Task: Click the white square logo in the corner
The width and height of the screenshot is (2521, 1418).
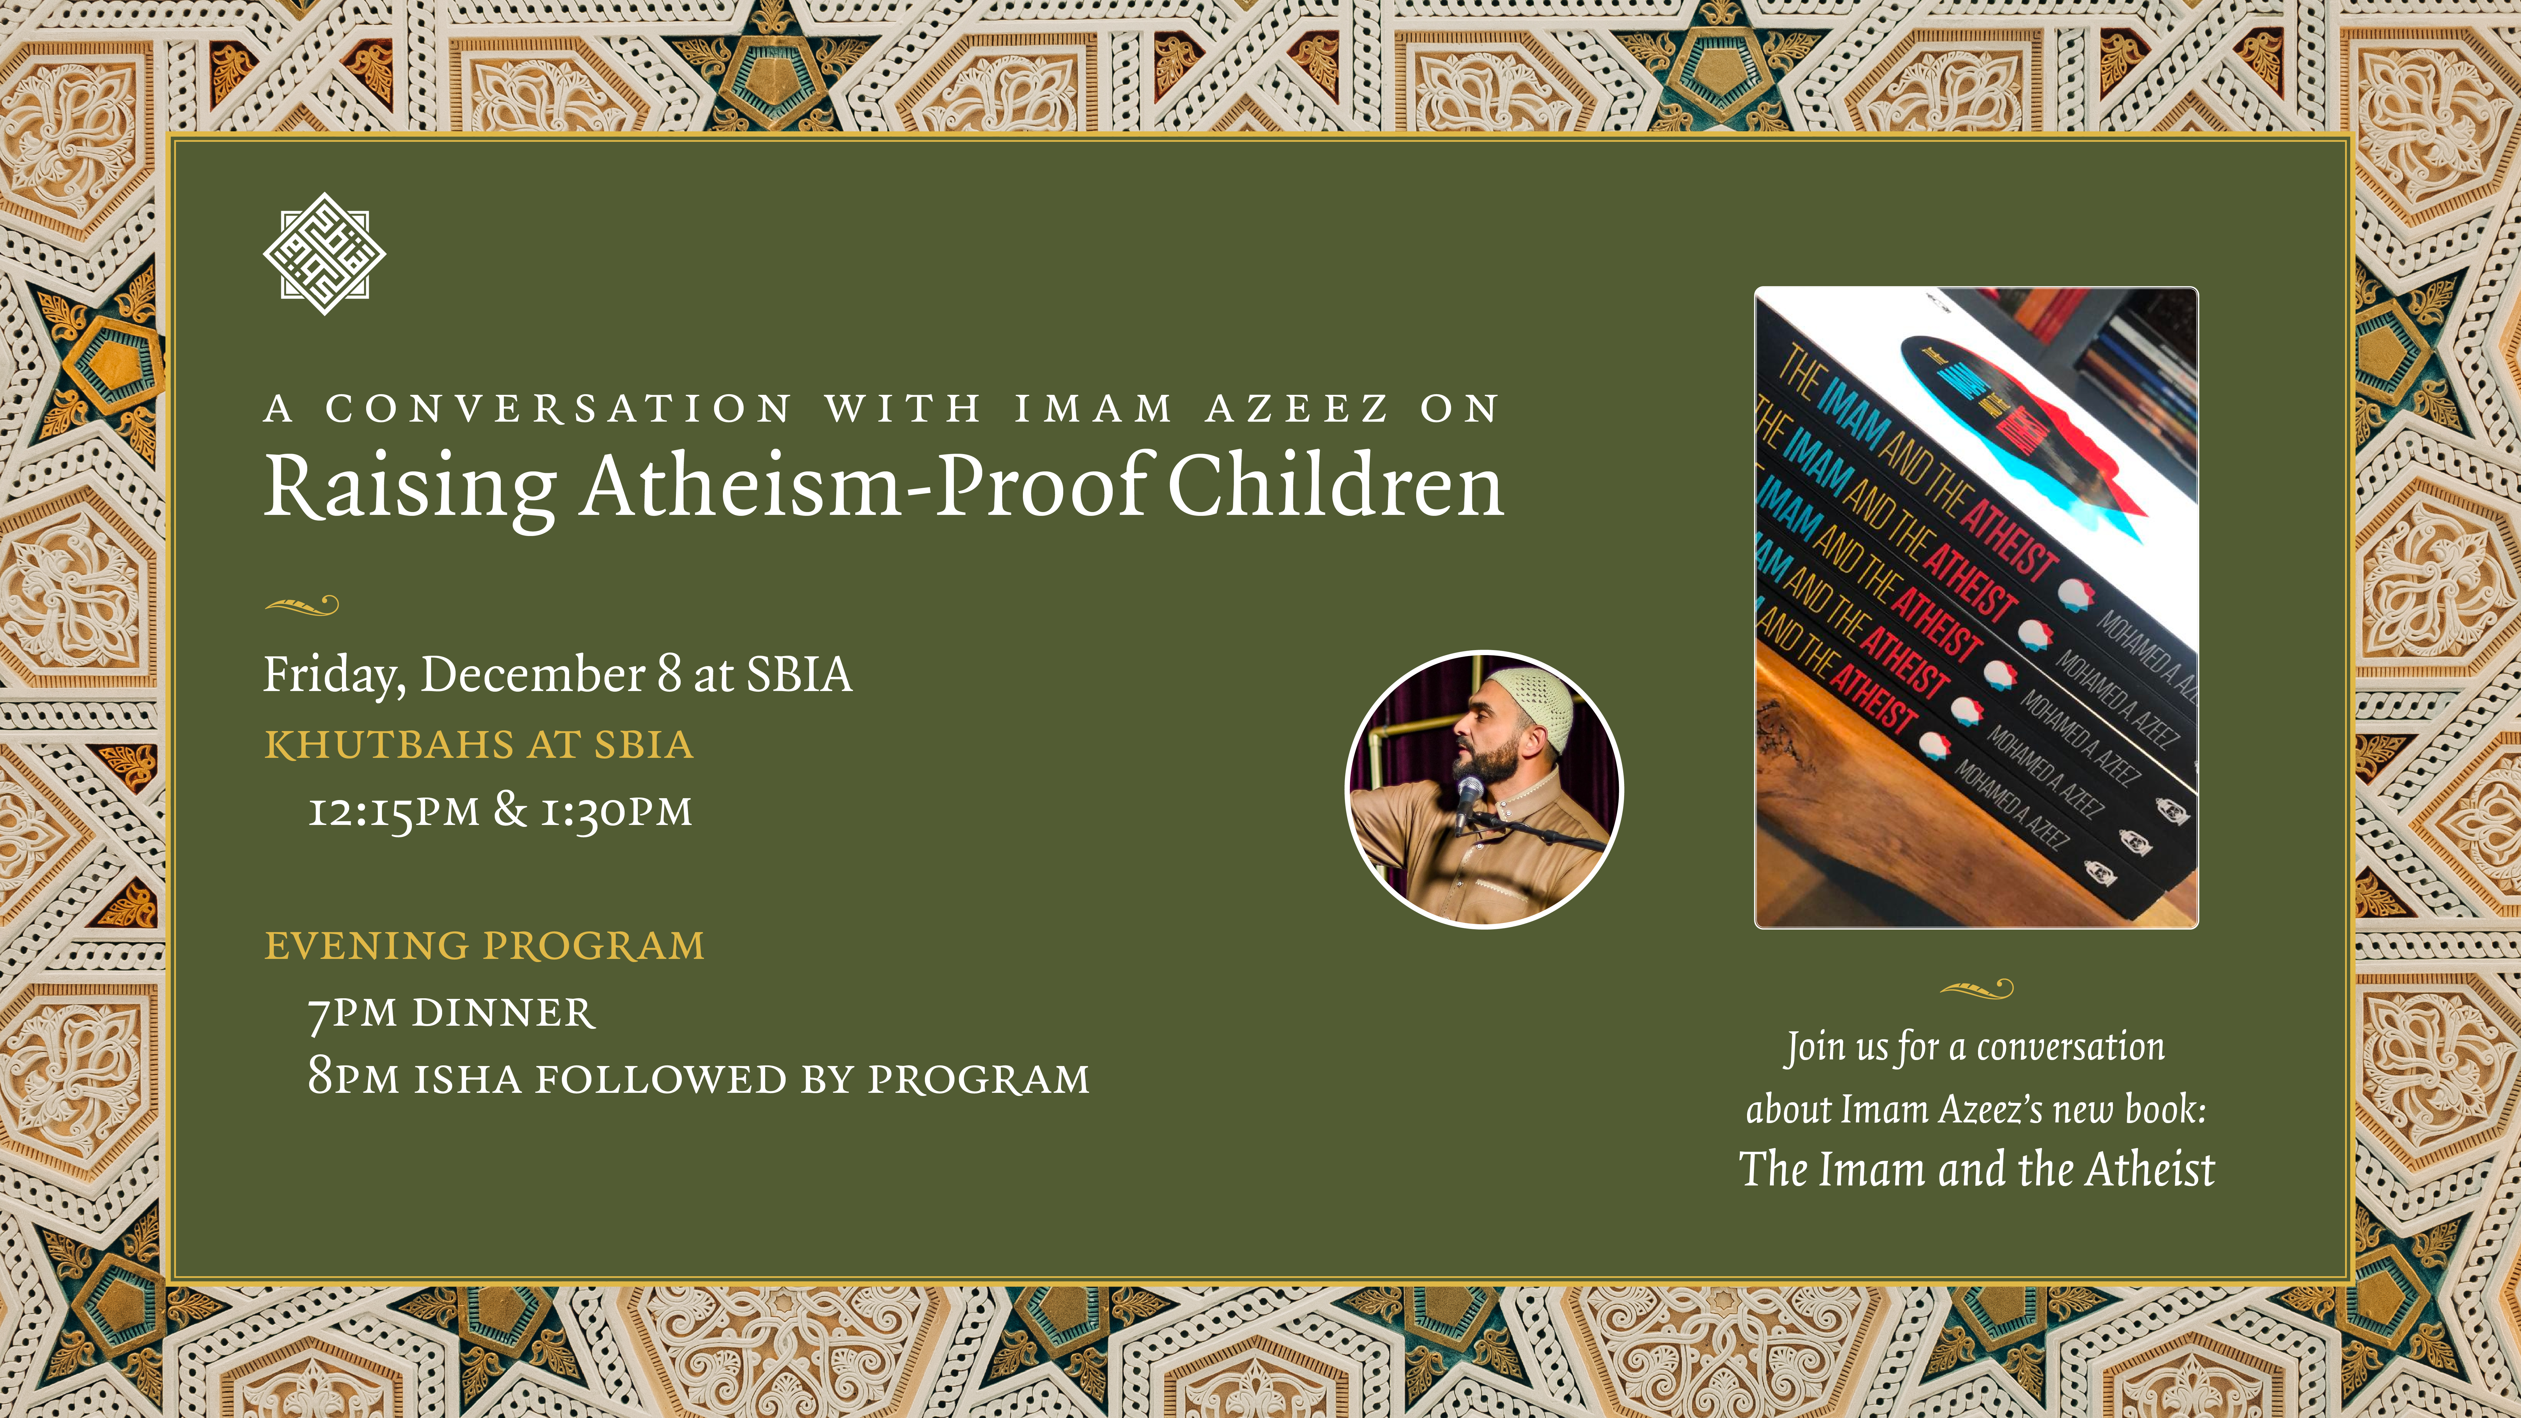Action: tap(324, 253)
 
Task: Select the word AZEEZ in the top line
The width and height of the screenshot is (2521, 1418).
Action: tap(1297, 408)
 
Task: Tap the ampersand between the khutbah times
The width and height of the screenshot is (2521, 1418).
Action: tap(510, 809)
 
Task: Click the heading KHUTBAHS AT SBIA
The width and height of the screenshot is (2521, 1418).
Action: tap(479, 745)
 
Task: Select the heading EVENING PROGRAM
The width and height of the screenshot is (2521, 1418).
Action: tap(484, 945)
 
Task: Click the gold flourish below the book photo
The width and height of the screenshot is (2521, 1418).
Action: tap(1976, 989)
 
